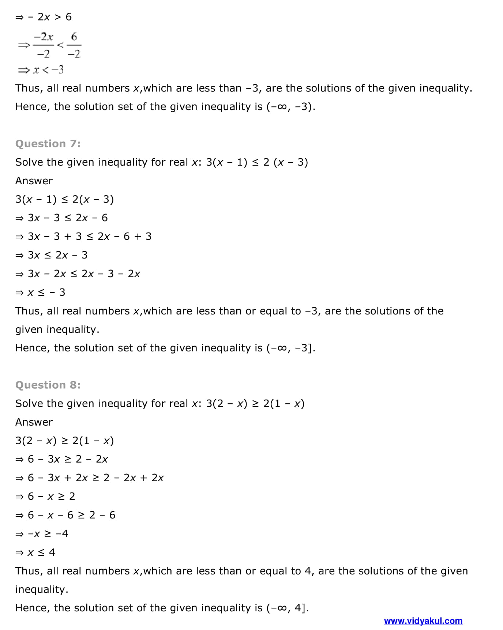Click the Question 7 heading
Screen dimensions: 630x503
[48, 144]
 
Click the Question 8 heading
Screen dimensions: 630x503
[48, 385]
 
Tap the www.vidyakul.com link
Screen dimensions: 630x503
[423, 621]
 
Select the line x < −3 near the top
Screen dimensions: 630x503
[41, 69]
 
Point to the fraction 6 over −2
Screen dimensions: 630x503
[74, 45]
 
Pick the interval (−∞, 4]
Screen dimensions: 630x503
[287, 608]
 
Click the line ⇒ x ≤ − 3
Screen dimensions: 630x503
[40, 293]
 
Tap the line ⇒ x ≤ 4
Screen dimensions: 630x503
[35, 552]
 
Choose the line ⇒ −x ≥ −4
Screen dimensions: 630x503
[42, 534]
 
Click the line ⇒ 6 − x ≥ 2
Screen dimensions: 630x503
[45, 497]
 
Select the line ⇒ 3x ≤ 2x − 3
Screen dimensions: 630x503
[52, 255]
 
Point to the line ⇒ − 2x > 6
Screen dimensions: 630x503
[44, 17]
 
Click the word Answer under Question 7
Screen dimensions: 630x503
[34, 181]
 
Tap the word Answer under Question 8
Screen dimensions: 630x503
[34, 422]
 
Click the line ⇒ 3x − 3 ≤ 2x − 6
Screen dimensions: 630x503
[61, 218]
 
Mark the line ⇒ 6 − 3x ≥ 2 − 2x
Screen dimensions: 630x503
[61, 459]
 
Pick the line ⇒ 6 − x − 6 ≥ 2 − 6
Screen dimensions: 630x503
[65, 515]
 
